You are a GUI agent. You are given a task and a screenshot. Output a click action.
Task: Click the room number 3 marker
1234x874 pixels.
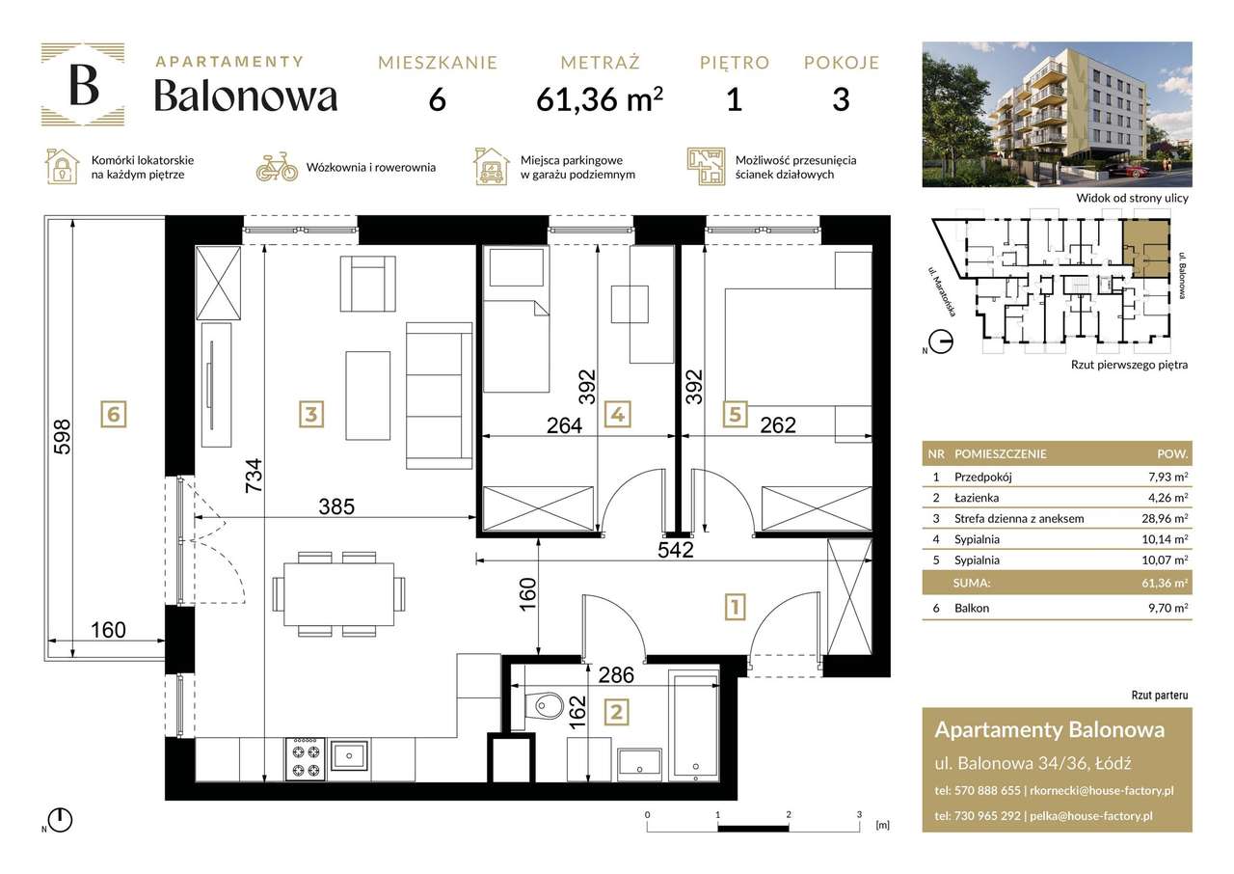pyautogui.click(x=309, y=415)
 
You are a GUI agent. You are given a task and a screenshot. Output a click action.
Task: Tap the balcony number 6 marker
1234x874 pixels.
pyautogui.click(x=114, y=415)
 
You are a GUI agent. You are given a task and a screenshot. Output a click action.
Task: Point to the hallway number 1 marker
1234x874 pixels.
pyautogui.click(x=735, y=608)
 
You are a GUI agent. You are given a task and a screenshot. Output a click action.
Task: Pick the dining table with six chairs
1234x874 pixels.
pyautogui.click(x=339, y=593)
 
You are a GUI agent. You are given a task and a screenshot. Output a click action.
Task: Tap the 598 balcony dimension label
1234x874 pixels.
pyautogui.click(x=65, y=438)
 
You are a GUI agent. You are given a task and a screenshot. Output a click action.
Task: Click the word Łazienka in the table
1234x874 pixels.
pyautogui.click(x=977, y=498)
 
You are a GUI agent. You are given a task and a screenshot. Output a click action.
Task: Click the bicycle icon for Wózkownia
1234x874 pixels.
pyautogui.click(x=277, y=167)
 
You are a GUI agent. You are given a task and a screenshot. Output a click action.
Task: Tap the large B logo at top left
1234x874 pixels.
pyautogui.click(x=83, y=86)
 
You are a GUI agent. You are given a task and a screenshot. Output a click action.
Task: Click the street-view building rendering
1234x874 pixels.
pyautogui.click(x=1057, y=114)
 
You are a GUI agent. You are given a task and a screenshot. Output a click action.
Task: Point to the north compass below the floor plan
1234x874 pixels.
pyautogui.click(x=60, y=820)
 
